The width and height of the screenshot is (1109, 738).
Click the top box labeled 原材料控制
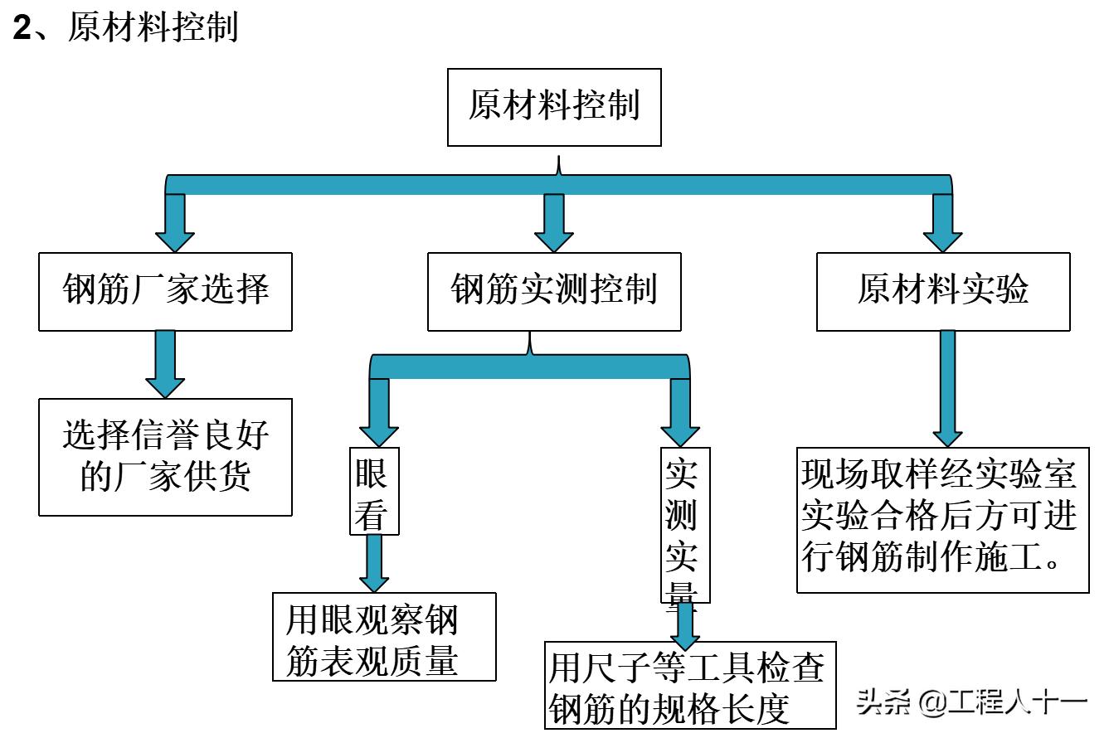pos(554,108)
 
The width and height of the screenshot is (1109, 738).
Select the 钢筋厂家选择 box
pos(165,292)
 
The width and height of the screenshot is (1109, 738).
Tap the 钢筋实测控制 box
pos(554,292)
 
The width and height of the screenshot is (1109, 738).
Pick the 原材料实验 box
pos(943,292)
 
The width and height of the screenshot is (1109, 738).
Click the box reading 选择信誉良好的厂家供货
pos(165,457)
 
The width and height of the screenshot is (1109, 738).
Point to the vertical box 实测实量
pos(685,525)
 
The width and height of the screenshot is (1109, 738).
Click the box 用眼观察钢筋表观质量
pos(384,637)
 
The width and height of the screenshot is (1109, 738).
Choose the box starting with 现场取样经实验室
pos(942,521)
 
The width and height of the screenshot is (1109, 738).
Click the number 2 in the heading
pos(22,29)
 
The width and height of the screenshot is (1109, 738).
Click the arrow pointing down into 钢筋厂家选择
pos(175,222)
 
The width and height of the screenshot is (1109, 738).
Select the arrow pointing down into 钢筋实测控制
pos(554,222)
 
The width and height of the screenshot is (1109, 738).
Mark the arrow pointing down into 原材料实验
pos(943,222)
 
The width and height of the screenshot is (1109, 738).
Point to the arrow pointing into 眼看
pos(378,413)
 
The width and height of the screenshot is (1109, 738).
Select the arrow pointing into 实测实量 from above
pos(680,413)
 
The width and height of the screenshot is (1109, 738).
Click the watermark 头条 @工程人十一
pos(971,702)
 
